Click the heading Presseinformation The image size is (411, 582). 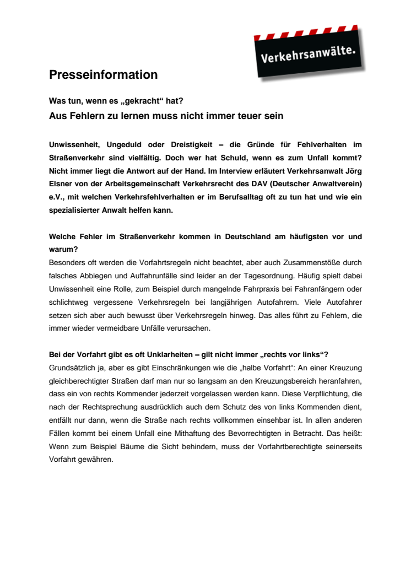[x=103, y=74]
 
